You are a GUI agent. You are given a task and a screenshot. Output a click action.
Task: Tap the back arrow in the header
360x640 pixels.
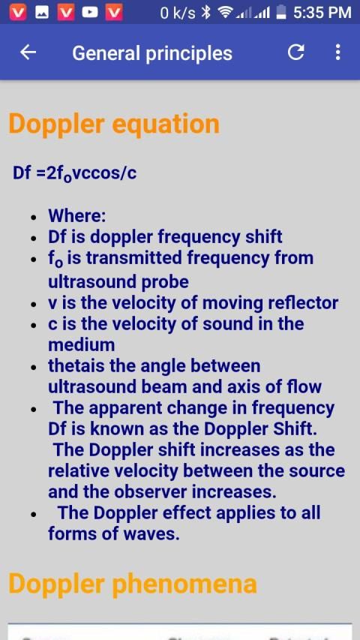click(28, 53)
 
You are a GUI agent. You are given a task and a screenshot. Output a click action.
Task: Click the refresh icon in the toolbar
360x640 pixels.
click(295, 53)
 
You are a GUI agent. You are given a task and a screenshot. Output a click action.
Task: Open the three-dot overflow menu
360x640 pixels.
click(337, 53)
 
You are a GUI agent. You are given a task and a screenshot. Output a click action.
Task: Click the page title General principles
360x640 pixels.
click(152, 53)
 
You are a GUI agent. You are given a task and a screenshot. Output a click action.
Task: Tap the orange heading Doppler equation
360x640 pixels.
click(114, 124)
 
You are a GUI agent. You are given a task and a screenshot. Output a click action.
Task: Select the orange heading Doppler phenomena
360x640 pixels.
click(133, 584)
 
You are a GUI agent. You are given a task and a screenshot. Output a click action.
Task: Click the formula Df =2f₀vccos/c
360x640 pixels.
click(75, 173)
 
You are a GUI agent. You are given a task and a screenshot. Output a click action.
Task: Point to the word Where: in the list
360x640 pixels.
click(77, 216)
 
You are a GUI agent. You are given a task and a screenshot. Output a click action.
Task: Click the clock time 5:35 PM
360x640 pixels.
click(322, 13)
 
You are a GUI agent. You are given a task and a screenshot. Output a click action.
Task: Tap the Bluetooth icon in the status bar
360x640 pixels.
click(206, 13)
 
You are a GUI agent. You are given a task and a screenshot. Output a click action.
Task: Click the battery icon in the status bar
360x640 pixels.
click(280, 13)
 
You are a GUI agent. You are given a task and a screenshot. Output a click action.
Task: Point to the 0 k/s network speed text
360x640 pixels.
click(178, 13)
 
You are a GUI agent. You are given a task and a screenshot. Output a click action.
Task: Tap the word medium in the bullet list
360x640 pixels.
click(82, 345)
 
